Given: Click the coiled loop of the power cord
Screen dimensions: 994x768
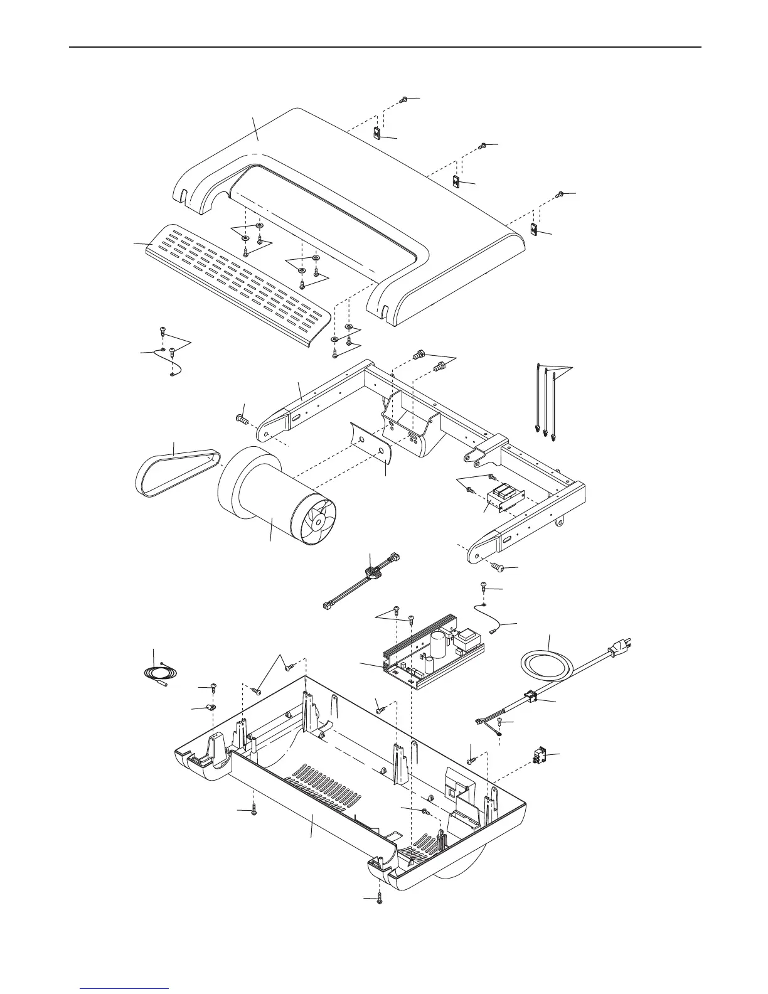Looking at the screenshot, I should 545,663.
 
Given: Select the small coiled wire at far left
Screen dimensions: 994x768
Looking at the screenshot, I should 154,676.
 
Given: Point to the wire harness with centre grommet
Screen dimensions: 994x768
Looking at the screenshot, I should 373,574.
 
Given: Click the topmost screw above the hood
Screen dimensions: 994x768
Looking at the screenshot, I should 405,100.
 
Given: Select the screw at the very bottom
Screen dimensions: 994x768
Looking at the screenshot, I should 380,898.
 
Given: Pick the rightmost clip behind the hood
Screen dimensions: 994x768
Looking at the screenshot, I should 535,230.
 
